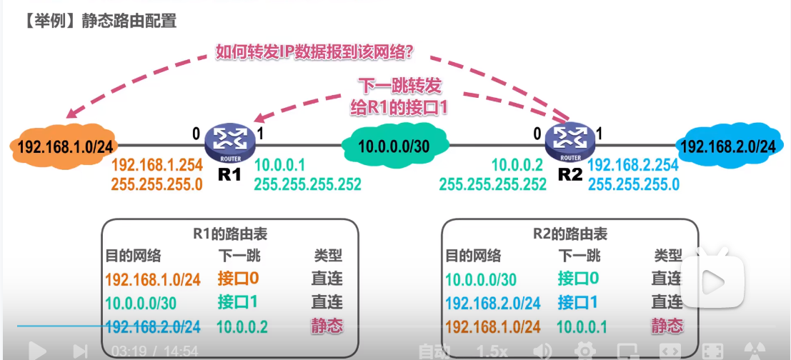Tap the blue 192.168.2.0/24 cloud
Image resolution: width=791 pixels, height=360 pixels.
tap(727, 147)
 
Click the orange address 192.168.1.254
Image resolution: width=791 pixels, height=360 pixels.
tap(156, 164)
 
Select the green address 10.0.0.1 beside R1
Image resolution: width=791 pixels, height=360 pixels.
tap(280, 165)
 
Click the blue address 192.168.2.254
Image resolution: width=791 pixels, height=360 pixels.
tap(632, 165)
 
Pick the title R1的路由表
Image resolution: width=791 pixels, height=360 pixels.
tap(230, 234)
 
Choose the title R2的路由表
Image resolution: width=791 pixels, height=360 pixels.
tap(570, 234)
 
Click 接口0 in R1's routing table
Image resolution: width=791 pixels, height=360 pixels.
tap(238, 279)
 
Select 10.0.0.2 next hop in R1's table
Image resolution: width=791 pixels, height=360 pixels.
tap(243, 326)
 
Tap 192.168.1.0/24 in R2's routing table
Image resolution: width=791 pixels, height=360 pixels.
tap(493, 326)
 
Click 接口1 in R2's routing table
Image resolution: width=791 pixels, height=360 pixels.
tap(578, 302)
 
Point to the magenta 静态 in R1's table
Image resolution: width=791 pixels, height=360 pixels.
tap(327, 326)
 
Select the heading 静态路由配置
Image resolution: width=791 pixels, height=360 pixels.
tap(131, 21)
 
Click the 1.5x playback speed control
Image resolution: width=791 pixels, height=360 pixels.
tap(492, 351)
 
